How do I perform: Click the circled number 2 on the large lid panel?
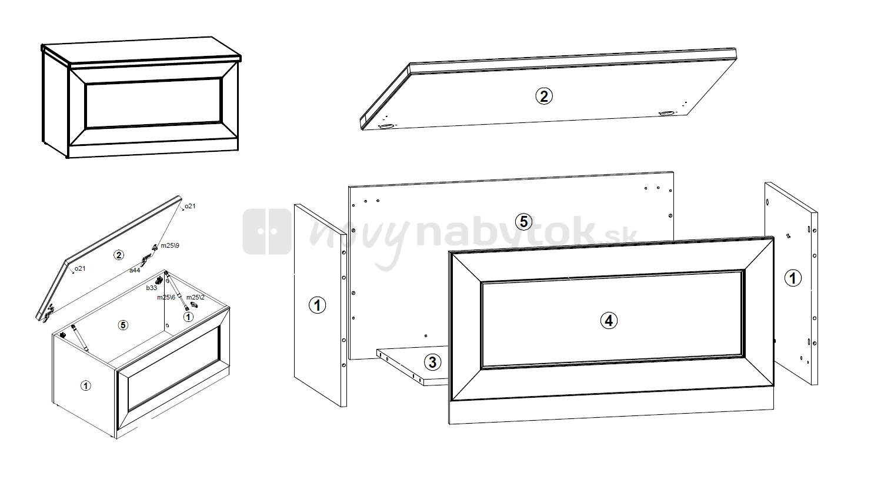click(x=544, y=96)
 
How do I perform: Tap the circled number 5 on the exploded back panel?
click(x=524, y=222)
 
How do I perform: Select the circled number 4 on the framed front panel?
click(x=609, y=321)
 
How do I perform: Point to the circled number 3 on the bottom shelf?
click(x=433, y=362)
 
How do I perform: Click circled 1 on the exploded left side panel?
click(x=318, y=305)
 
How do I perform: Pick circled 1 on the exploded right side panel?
click(x=793, y=278)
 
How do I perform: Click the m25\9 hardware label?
click(x=170, y=245)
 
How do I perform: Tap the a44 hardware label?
click(x=135, y=270)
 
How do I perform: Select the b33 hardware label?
click(x=151, y=288)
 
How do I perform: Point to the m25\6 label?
click(x=166, y=297)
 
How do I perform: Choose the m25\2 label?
click(x=195, y=297)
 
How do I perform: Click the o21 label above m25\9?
click(x=190, y=206)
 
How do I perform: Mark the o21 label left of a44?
click(x=80, y=268)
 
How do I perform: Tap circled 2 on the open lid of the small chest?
click(x=118, y=255)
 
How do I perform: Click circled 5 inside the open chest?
click(x=123, y=325)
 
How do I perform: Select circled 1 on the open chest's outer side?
click(x=85, y=385)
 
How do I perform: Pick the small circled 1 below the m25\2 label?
click(x=188, y=317)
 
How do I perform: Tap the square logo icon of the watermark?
click(x=267, y=231)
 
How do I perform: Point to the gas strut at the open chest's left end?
click(x=79, y=337)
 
